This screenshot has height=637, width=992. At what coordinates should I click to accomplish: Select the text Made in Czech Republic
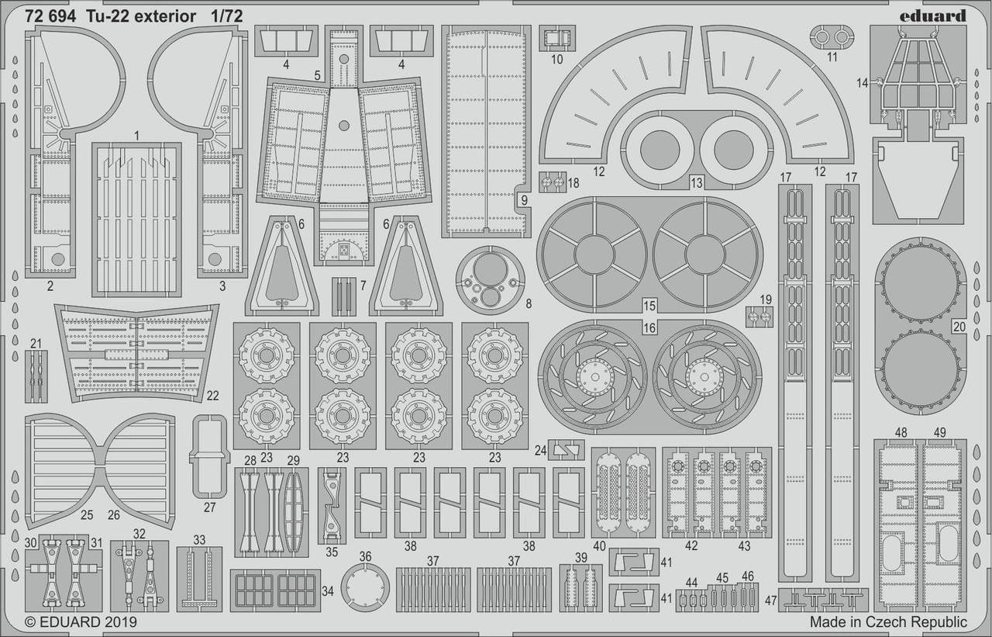[888, 621]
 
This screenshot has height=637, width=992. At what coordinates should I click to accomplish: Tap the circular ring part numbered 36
[366, 587]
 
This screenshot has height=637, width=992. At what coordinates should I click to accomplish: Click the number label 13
[696, 182]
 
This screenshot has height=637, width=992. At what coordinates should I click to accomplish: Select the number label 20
[959, 327]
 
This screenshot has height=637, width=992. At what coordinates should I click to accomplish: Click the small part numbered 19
[760, 317]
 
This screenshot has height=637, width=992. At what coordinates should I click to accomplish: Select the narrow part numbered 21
[36, 376]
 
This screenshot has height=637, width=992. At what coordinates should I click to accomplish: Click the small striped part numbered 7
[343, 296]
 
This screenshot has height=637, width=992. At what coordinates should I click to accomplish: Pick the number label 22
[213, 396]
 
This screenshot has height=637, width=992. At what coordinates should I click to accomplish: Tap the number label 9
[524, 199]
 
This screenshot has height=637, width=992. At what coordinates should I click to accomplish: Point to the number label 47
[770, 600]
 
